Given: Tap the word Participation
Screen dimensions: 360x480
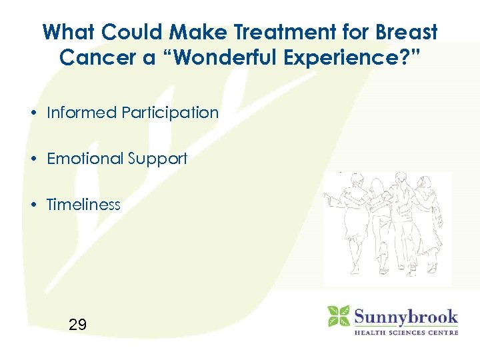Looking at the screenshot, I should (170, 113).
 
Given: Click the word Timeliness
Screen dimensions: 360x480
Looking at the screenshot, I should (83, 205).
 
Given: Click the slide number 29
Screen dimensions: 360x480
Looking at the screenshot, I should (77, 325).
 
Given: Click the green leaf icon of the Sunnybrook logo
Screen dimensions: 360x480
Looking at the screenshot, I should (338, 316).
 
